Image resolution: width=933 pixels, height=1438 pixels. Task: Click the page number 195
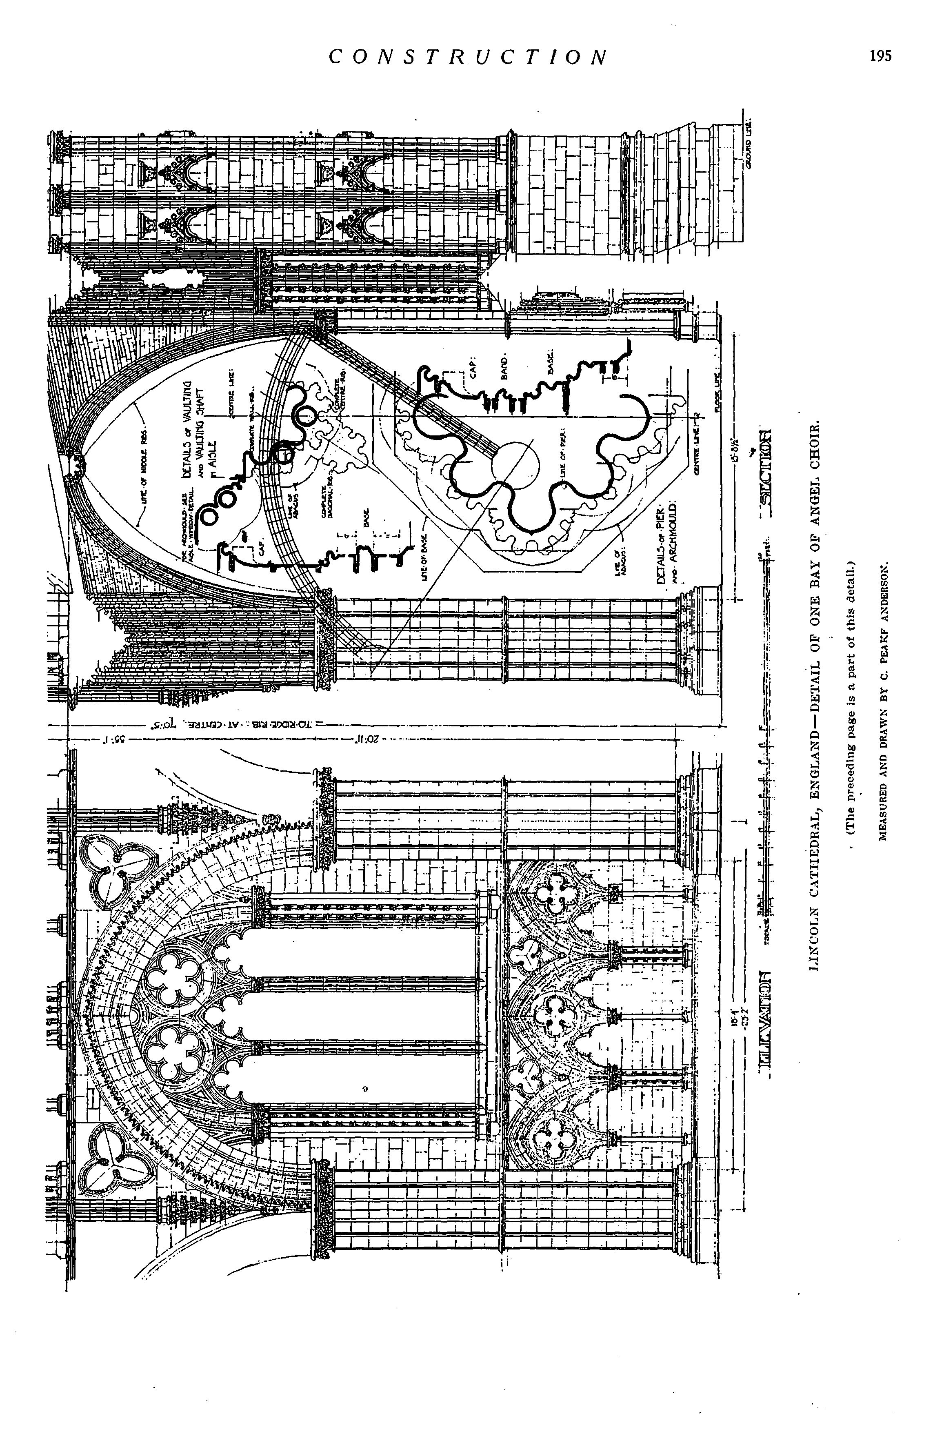(880, 56)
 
